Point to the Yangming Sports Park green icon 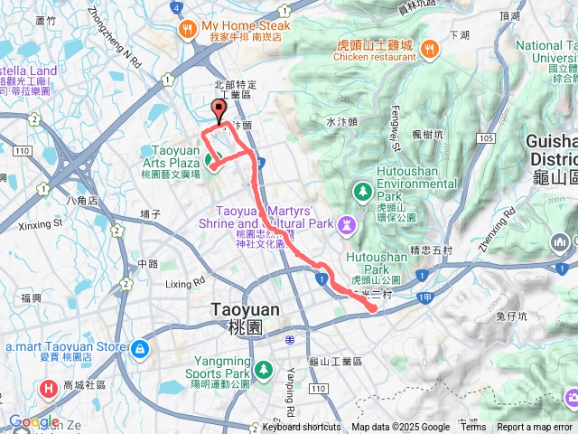(263, 370)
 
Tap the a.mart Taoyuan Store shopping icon (138, 348)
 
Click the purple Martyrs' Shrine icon (348, 222)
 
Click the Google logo (33, 421)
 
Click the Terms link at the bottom (472, 428)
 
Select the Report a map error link (534, 428)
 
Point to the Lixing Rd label (185, 283)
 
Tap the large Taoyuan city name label (245, 309)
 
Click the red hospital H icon (47, 389)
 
